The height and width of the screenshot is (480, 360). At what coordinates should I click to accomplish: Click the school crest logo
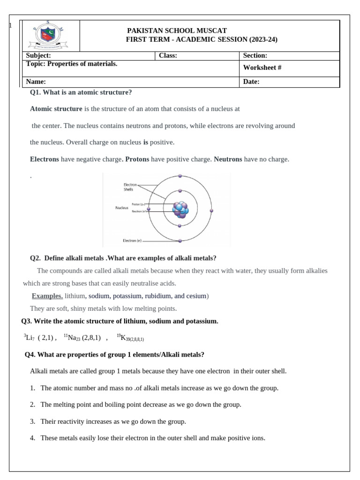pyautogui.click(x=50, y=36)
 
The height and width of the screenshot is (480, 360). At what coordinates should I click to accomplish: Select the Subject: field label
pyautogui.click(x=38, y=55)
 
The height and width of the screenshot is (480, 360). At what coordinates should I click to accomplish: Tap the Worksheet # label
pyautogui.click(x=262, y=67)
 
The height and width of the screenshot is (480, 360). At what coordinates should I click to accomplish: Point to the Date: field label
pyautogui.click(x=251, y=82)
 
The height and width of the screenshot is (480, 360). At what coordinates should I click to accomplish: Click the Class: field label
pyautogui.click(x=168, y=55)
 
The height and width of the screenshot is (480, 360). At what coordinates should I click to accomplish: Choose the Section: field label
pyautogui.click(x=255, y=55)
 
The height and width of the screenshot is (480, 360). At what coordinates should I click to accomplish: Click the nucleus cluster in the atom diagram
pyautogui.click(x=180, y=210)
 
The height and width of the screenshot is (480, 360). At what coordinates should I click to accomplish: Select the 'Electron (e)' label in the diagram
pyautogui.click(x=132, y=240)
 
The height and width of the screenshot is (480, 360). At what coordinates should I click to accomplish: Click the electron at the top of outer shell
pyautogui.click(x=180, y=176)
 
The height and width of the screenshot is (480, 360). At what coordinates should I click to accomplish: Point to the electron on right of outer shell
pyautogui.click(x=211, y=211)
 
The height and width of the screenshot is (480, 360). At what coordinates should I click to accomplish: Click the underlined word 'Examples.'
pyautogui.click(x=47, y=296)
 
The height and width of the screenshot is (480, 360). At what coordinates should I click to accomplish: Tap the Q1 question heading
pyautogui.click(x=81, y=92)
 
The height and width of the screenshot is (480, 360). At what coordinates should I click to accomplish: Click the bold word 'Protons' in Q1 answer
pyautogui.click(x=137, y=159)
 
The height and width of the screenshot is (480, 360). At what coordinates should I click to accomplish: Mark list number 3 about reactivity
pyautogui.click(x=33, y=421)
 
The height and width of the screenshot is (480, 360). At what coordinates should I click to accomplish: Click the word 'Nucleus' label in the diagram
pyautogui.click(x=122, y=208)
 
